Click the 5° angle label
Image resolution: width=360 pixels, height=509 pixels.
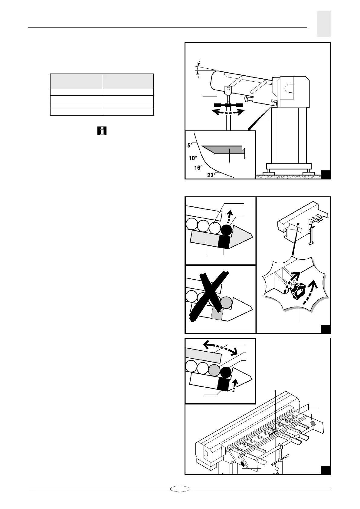(x=190, y=145)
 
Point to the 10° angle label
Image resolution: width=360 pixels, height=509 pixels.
(x=193, y=158)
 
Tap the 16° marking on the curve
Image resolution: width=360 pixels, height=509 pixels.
(x=198, y=168)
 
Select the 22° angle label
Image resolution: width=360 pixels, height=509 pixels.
(x=211, y=175)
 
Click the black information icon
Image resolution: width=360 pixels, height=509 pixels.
(x=102, y=131)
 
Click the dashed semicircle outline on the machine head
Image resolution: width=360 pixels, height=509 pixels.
(x=289, y=88)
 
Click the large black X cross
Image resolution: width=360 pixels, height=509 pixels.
(x=209, y=295)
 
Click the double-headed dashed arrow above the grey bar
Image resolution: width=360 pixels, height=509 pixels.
(x=220, y=347)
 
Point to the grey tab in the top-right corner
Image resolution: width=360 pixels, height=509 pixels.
(x=324, y=24)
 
